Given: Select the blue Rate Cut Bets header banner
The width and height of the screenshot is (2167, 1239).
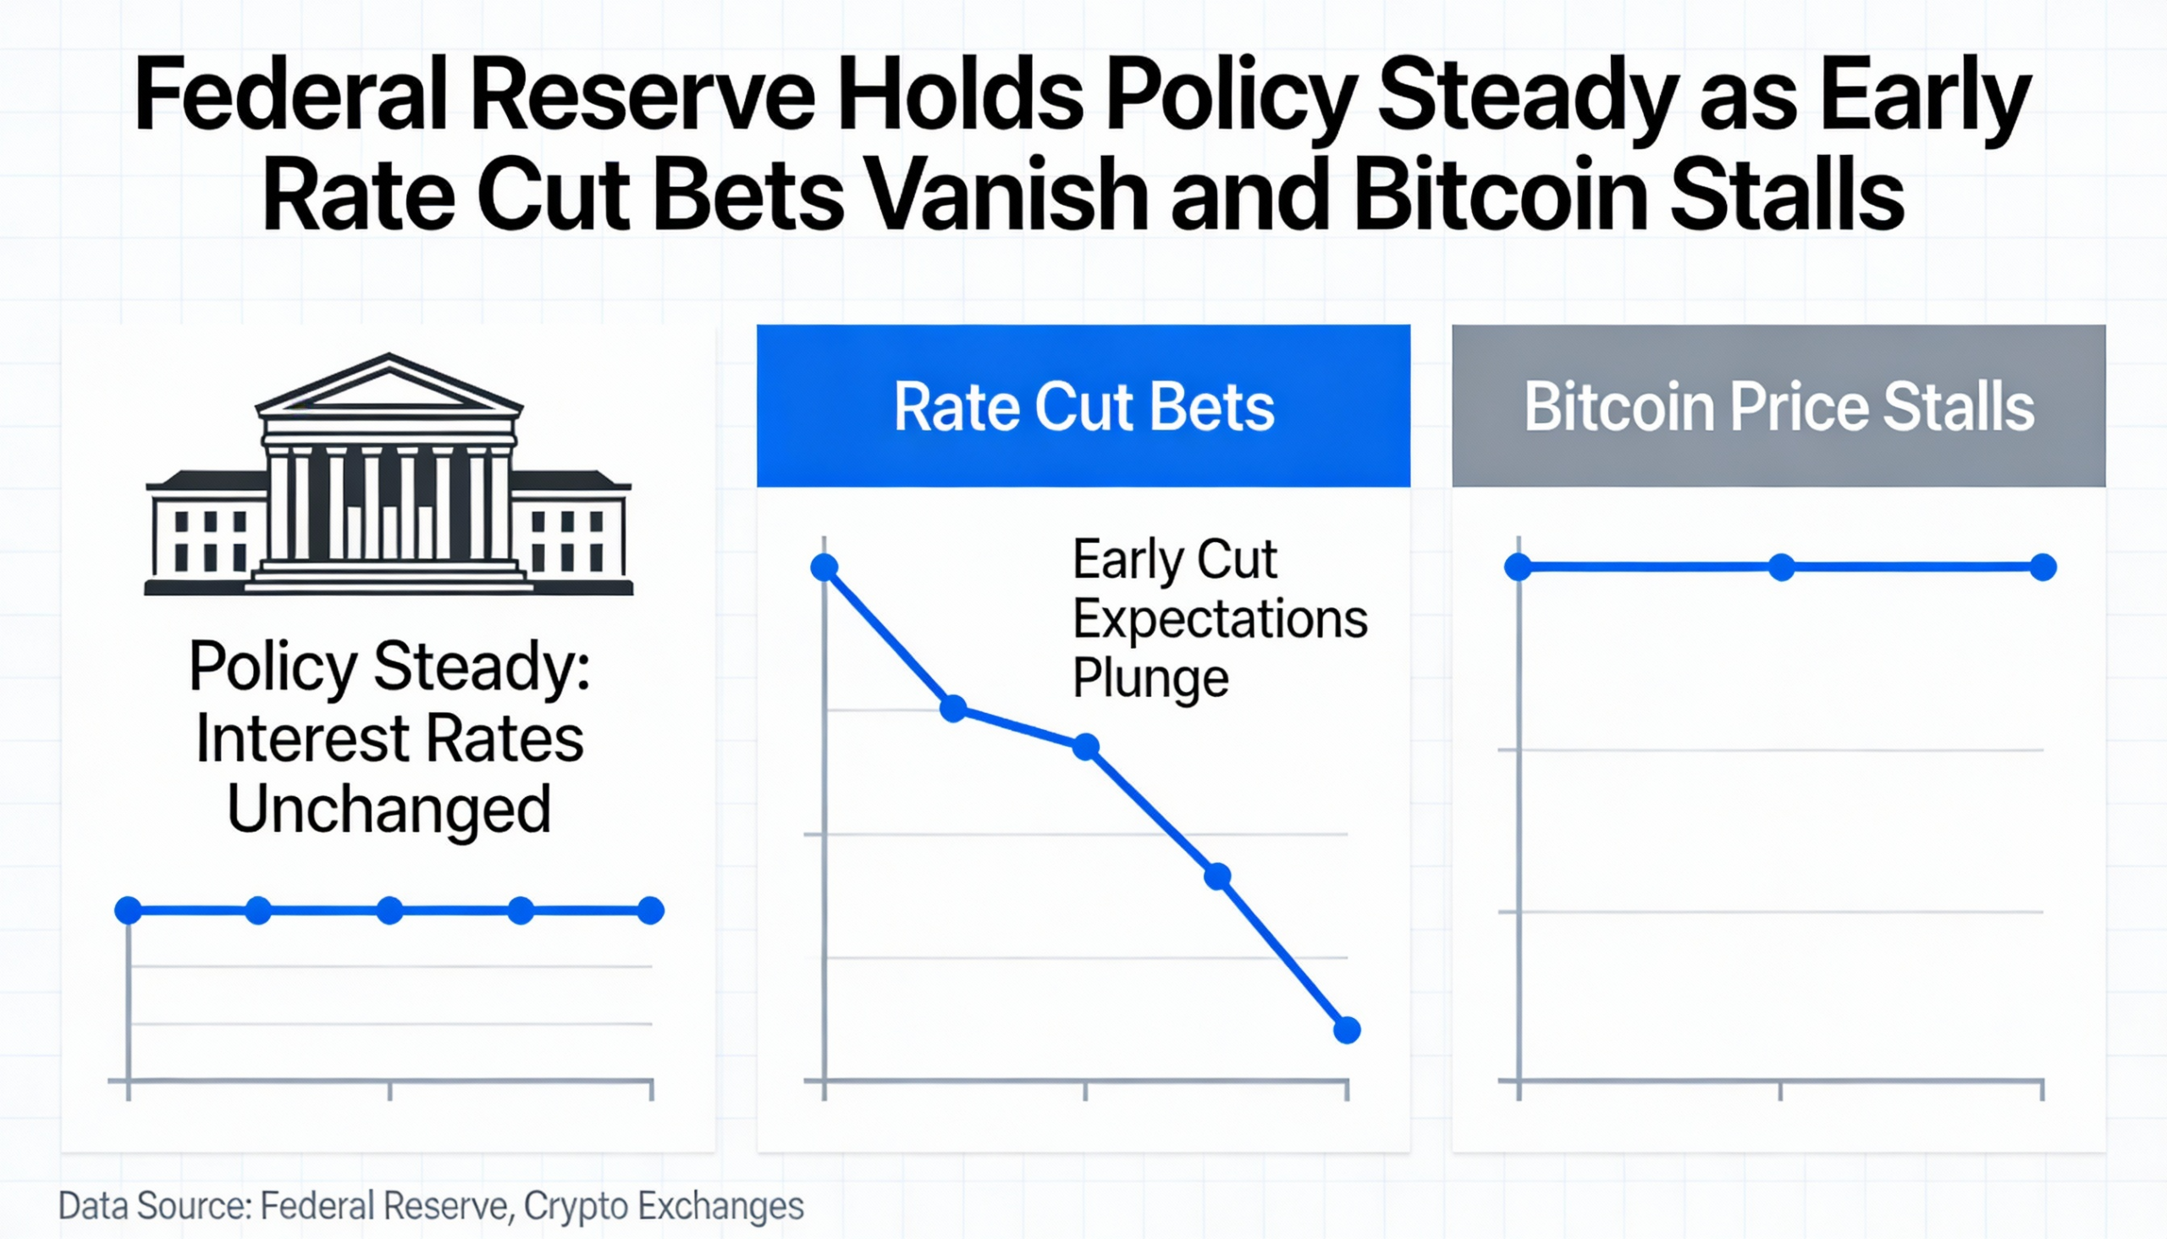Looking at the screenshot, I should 1083,406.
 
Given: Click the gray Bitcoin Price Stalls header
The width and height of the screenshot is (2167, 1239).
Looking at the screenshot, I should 1778,406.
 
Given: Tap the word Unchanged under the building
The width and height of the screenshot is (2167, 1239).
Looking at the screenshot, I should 389,809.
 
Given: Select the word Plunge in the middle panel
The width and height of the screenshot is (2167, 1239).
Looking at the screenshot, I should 1150,678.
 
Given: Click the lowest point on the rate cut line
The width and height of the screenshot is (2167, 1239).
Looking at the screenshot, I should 1346,1030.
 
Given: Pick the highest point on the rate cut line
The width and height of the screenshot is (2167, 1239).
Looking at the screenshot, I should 824,567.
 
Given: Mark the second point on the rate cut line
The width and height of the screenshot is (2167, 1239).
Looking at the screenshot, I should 953,708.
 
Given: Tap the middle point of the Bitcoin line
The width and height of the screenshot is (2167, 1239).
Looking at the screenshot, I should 1781,567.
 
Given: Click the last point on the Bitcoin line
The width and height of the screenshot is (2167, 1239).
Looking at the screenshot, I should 2043,567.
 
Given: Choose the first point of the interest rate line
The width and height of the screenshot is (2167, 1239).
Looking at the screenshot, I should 129,910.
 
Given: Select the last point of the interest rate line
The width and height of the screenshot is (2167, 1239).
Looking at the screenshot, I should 651,910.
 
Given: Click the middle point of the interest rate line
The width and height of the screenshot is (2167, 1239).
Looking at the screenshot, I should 389,910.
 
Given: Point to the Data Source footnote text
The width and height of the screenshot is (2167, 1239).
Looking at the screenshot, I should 430,1206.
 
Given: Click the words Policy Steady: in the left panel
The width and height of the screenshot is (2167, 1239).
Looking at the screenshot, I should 389,667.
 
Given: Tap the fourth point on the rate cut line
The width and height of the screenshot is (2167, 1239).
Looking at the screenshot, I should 1218,876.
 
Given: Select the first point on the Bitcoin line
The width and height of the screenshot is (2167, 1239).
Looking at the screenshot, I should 1518,567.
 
